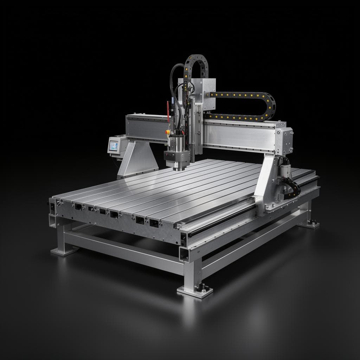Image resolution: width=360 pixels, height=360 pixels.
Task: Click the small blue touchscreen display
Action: (114, 146)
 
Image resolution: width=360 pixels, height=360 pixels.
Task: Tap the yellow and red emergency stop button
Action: (168, 132)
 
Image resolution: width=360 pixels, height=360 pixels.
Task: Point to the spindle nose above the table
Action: (179, 168)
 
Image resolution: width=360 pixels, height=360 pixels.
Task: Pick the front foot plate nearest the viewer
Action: (194, 291)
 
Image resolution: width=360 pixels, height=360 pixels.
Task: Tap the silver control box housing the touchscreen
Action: (117, 144)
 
